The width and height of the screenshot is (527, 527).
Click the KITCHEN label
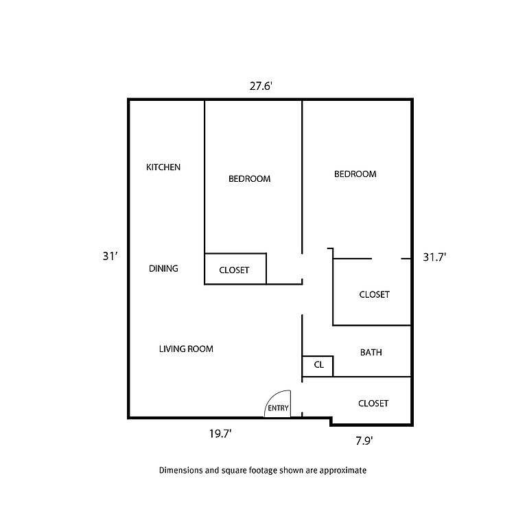click(163, 167)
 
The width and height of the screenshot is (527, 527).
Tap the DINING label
click(163, 268)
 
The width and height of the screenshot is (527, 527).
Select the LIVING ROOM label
click(186, 349)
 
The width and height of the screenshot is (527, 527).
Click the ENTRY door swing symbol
click(278, 404)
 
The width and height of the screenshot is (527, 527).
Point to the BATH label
click(371, 352)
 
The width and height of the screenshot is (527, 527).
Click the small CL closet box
click(318, 366)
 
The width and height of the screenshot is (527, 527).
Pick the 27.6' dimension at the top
click(261, 86)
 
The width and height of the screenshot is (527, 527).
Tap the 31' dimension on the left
click(110, 256)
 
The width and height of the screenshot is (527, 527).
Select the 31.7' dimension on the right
click(434, 257)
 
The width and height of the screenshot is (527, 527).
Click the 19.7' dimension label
click(220, 434)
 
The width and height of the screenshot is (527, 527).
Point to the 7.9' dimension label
click(364, 441)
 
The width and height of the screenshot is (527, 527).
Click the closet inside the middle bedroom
click(235, 269)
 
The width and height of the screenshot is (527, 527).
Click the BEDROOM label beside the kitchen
click(249, 179)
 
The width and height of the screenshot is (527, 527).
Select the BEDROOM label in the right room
click(355, 174)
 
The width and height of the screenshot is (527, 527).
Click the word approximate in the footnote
click(343, 471)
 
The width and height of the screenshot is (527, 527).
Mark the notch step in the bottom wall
click(331, 421)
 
